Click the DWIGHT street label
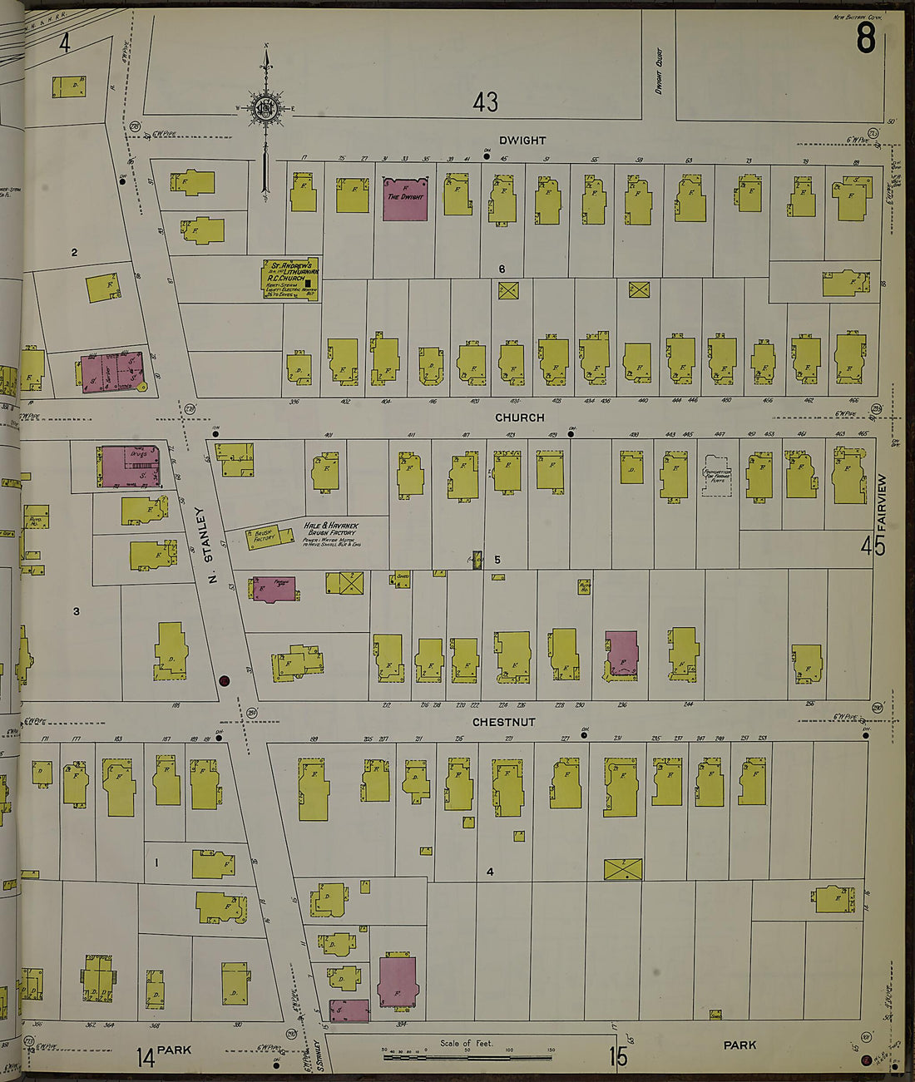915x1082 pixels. pyautogui.click(x=522, y=141)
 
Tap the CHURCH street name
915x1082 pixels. pyautogui.click(x=520, y=417)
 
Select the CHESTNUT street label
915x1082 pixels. pyautogui.click(x=503, y=722)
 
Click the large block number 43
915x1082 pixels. pyautogui.click(x=485, y=102)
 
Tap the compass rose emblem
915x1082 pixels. pyautogui.click(x=266, y=109)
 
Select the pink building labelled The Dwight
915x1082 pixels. pyautogui.click(x=405, y=199)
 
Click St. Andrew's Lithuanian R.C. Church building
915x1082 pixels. pyautogui.click(x=289, y=279)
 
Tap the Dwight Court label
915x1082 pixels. pyautogui.click(x=659, y=71)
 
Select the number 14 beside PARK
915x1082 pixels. pyautogui.click(x=146, y=1057)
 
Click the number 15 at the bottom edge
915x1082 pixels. pyautogui.click(x=617, y=1056)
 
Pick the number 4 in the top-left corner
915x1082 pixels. pyautogui.click(x=64, y=42)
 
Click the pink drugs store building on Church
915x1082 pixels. pyautogui.click(x=130, y=467)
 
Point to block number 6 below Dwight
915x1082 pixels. pyautogui.click(x=502, y=269)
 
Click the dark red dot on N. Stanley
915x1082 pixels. pyautogui.click(x=223, y=680)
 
